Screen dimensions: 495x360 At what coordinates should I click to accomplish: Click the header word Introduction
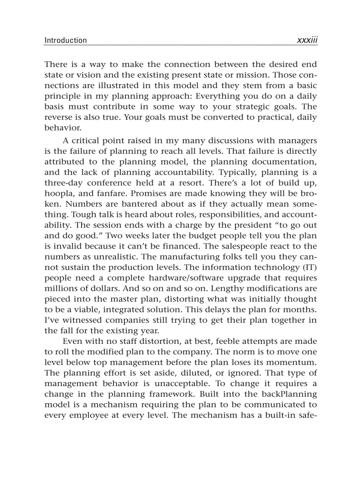point(65,40)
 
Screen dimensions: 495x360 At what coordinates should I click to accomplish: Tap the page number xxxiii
point(307,40)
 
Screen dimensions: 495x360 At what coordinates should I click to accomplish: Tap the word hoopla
point(59,194)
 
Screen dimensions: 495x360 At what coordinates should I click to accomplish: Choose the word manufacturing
point(160,257)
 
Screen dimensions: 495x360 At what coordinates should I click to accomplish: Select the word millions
point(60,289)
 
